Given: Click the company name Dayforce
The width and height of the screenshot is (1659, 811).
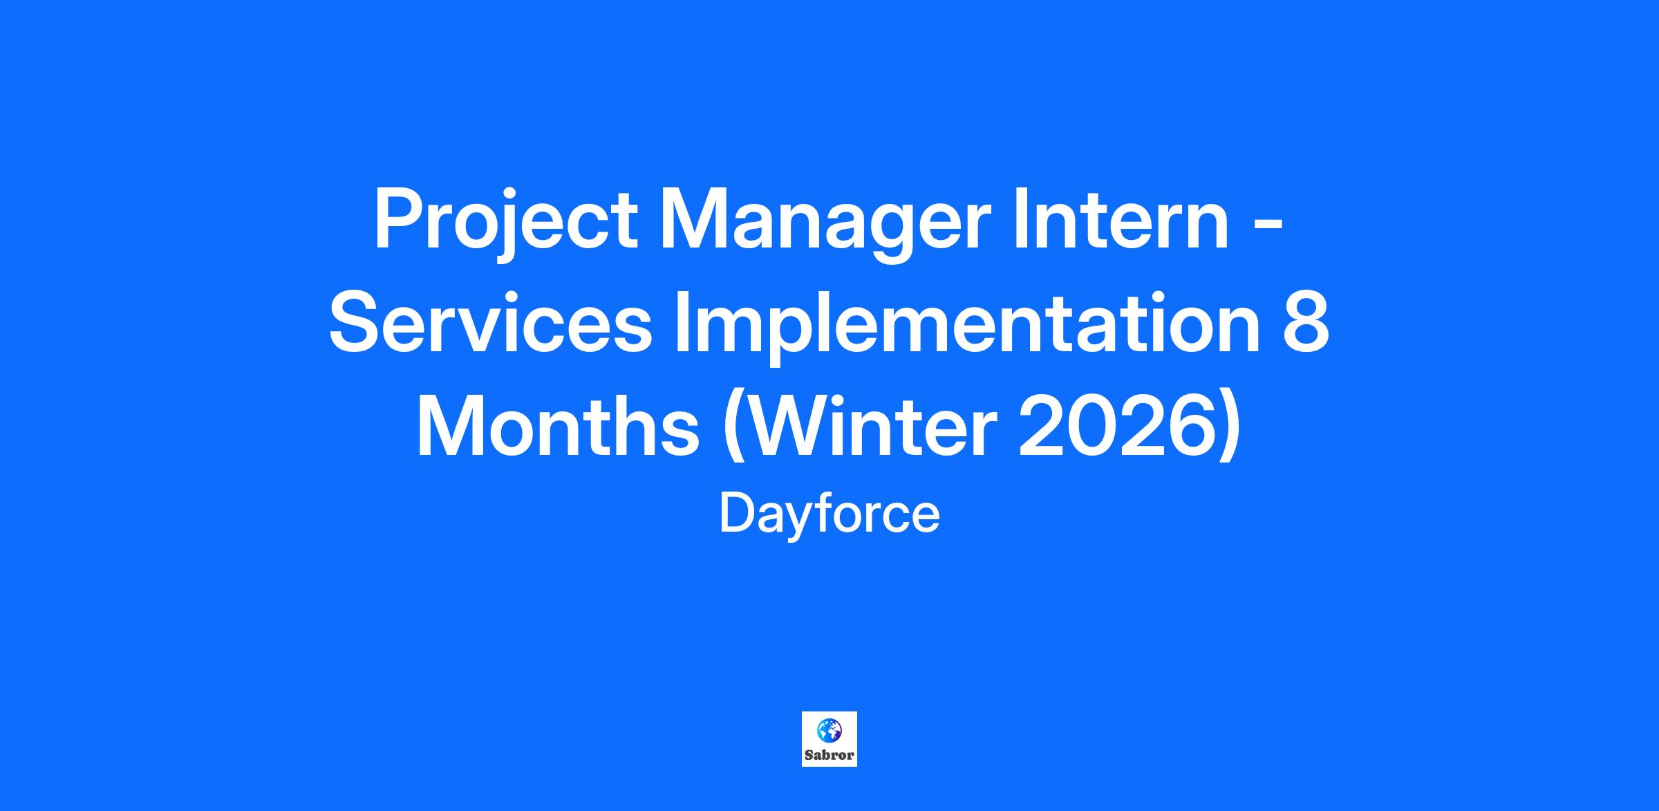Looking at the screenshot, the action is (x=829, y=515).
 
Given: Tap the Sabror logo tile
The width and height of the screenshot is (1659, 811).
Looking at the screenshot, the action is (x=829, y=739).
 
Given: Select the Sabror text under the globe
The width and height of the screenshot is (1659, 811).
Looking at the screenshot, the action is (x=829, y=755).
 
